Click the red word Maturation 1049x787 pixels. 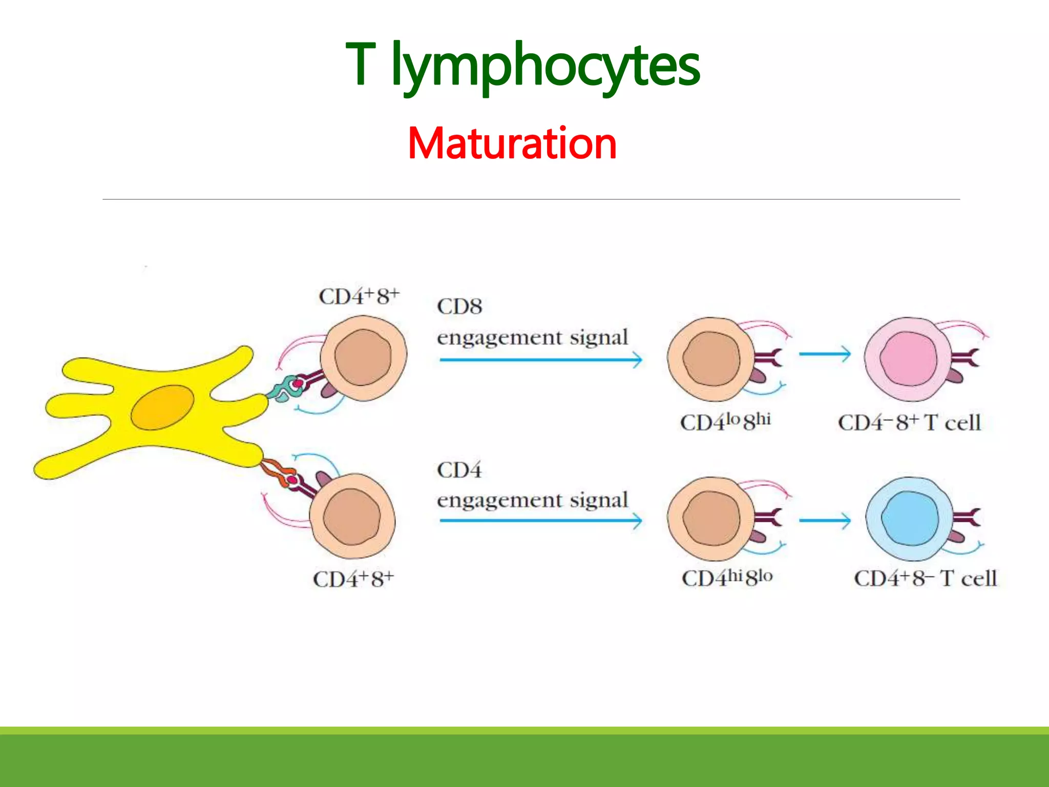pyautogui.click(x=512, y=143)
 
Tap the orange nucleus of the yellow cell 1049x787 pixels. pyautogui.click(x=162, y=407)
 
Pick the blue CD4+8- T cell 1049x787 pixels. pyautogui.click(x=910, y=519)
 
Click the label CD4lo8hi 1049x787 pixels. pyautogui.click(x=725, y=422)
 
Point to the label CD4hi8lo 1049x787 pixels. pyautogui.click(x=726, y=577)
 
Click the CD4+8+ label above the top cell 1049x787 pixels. pyautogui.click(x=359, y=297)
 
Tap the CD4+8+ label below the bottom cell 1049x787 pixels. pyautogui.click(x=353, y=579)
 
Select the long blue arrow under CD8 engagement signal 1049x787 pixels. pyautogui.click(x=540, y=360)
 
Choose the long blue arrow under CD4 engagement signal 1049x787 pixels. pyautogui.click(x=540, y=521)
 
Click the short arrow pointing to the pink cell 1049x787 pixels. pyautogui.click(x=824, y=354)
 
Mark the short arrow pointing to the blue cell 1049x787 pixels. pyautogui.click(x=824, y=521)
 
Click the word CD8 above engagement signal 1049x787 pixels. pyautogui.click(x=459, y=306)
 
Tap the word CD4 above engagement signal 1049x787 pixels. pyautogui.click(x=459, y=470)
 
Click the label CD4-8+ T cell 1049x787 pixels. pyautogui.click(x=909, y=423)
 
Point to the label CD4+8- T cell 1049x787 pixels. pyautogui.click(x=925, y=578)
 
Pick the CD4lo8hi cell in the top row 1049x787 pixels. pyautogui.click(x=711, y=359)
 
